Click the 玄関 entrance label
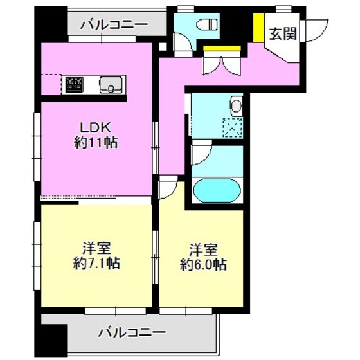pos(283,34)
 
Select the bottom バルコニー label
pos(132,333)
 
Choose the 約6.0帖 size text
pos(203,263)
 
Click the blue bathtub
pos(217,190)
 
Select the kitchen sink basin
pos(110,84)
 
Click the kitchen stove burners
pos(73,84)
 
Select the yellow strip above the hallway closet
pos(221,48)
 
